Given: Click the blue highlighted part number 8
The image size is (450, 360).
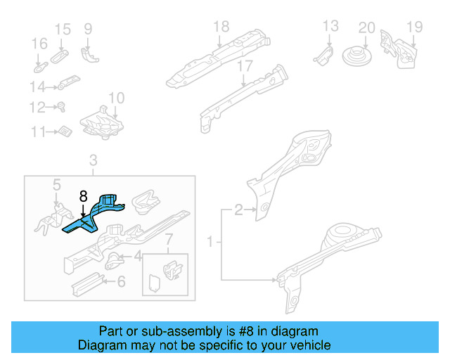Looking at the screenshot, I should [95, 214].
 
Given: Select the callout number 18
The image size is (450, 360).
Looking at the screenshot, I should [221, 27].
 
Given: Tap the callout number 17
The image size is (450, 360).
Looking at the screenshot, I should [244, 66].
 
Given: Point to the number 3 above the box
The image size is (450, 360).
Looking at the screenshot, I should [93, 162].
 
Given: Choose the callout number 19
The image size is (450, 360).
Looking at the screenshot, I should [414, 27].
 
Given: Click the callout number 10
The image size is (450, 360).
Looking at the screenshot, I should [116, 98].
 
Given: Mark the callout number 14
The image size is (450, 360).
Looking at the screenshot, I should [37, 87].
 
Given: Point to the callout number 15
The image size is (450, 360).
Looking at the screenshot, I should [63, 29].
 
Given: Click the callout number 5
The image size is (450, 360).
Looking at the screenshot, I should [57, 185].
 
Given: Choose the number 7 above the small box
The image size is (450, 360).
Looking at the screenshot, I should [168, 243].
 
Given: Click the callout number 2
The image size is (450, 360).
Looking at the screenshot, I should [238, 210].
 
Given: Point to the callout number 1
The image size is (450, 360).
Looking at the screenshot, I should [210, 243].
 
